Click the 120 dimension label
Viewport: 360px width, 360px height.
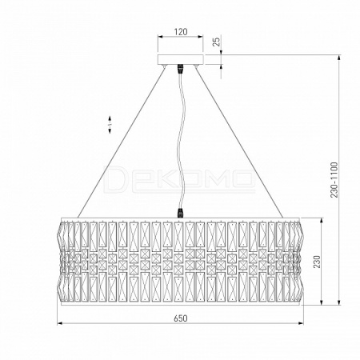[181, 32]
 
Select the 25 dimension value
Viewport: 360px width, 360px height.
[218, 42]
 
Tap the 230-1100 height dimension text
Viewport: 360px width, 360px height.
[334, 180]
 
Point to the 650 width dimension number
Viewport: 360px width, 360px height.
[181, 318]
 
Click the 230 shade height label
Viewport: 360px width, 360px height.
[316, 262]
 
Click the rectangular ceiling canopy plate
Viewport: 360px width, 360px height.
[181, 60]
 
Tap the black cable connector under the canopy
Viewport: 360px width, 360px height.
[181, 69]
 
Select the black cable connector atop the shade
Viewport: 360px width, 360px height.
[181, 214]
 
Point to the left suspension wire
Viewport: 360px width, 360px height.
[122, 142]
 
